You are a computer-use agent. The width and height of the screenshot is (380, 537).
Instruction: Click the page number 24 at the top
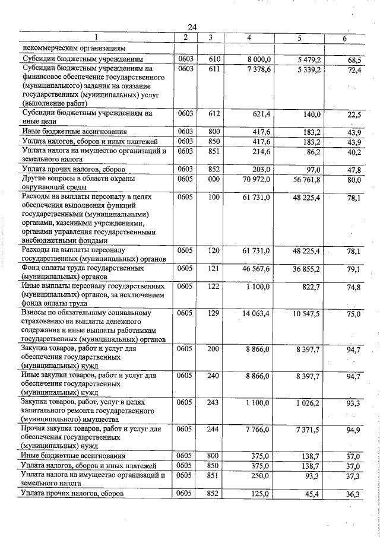tap(192, 27)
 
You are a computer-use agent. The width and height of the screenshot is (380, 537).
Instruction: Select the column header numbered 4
tap(249, 38)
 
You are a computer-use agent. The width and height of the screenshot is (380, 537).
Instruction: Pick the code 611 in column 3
tap(214, 70)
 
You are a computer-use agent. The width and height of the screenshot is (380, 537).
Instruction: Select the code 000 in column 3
tap(214, 179)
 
